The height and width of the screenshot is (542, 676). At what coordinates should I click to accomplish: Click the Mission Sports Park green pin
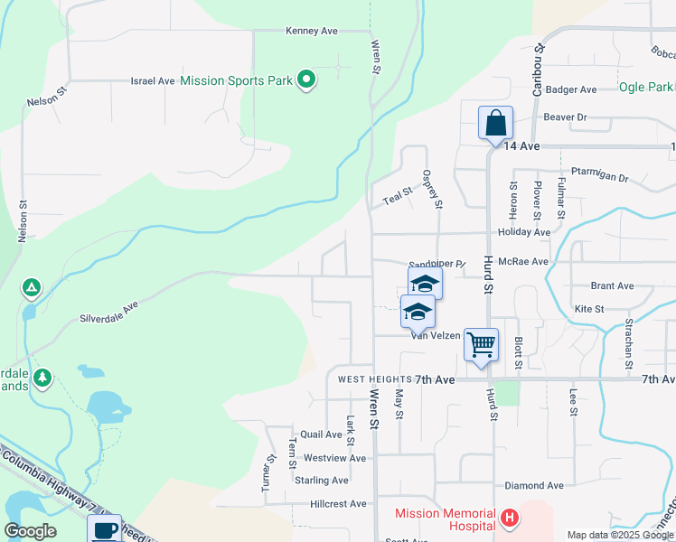point(306,80)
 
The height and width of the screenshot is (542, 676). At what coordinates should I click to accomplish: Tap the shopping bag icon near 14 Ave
point(495,123)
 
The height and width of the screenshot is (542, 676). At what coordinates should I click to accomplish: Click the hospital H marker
point(510,518)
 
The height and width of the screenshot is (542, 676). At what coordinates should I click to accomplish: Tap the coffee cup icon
point(104,530)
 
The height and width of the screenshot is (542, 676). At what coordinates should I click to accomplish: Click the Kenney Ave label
point(311,31)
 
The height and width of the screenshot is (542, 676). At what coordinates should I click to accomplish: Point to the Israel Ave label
point(153,80)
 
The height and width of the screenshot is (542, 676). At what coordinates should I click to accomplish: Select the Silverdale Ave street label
point(108,313)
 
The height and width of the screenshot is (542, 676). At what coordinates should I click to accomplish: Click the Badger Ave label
point(571,89)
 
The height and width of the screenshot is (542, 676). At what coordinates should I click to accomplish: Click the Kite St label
point(588,309)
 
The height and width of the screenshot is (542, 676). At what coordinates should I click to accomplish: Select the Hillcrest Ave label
point(338,503)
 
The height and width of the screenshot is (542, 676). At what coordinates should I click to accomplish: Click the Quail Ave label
point(321,435)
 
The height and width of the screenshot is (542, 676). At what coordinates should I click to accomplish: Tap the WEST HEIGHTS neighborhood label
point(375,379)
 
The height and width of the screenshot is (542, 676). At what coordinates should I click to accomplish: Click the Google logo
point(29,531)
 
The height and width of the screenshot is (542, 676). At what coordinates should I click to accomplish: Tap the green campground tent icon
point(31,288)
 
